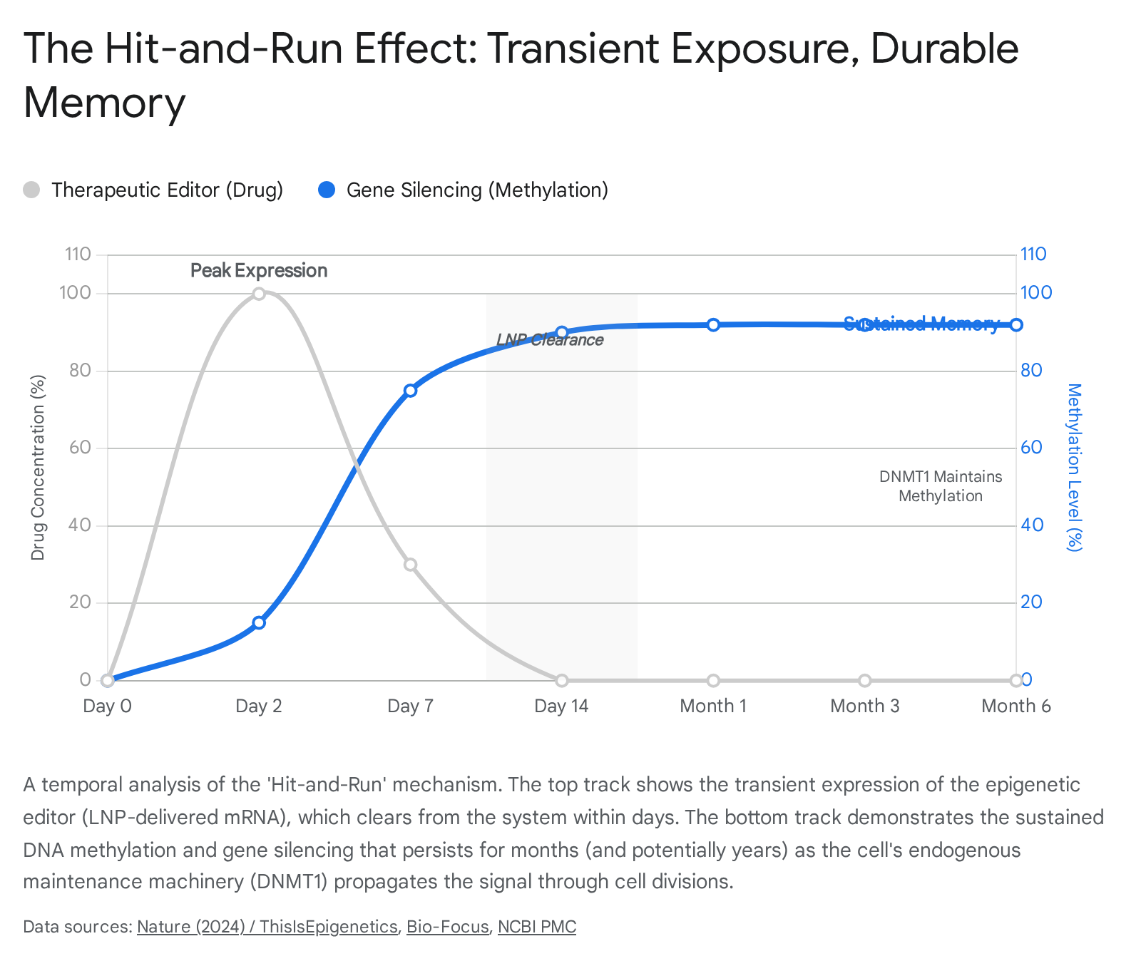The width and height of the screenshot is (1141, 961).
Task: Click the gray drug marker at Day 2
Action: (259, 294)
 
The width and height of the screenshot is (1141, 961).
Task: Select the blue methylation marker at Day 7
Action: (410, 391)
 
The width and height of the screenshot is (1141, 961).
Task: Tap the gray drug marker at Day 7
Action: (410, 565)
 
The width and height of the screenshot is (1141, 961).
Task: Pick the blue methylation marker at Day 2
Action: (259, 622)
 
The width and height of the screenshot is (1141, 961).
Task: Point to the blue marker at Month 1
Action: (713, 325)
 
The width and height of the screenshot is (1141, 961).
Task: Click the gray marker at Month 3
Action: (864, 680)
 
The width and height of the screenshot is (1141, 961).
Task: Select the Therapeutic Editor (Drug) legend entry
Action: (153, 190)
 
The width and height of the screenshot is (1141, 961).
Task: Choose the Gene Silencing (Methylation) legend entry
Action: (464, 190)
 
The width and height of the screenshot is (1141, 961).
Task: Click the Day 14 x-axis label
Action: (561, 706)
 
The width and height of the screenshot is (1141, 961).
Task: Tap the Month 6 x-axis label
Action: (1015, 706)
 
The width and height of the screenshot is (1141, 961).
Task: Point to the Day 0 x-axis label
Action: (108, 706)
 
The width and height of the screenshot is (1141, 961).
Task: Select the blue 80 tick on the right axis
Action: (1031, 371)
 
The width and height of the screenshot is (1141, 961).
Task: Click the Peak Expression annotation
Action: (259, 271)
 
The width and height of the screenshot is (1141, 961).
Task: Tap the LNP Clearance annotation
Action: (550, 340)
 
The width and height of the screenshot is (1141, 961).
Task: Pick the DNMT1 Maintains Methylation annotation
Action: (940, 486)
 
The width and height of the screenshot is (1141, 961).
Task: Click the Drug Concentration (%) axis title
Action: (38, 467)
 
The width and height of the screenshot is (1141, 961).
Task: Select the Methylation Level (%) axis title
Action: (1074, 467)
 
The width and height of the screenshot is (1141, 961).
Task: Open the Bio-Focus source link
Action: (447, 927)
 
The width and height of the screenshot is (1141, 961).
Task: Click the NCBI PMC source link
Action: (536, 927)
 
